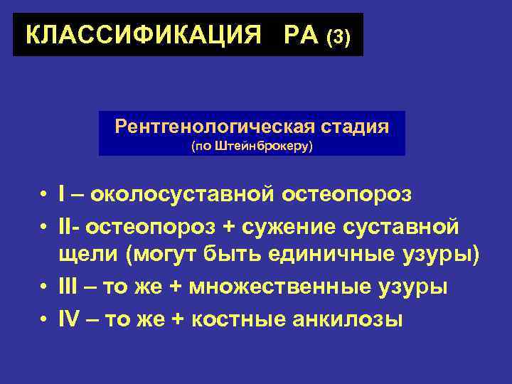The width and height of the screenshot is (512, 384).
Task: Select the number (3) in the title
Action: tap(338, 37)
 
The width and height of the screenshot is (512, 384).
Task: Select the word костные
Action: tap(243, 321)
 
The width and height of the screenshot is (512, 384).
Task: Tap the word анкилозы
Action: tap(349, 321)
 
